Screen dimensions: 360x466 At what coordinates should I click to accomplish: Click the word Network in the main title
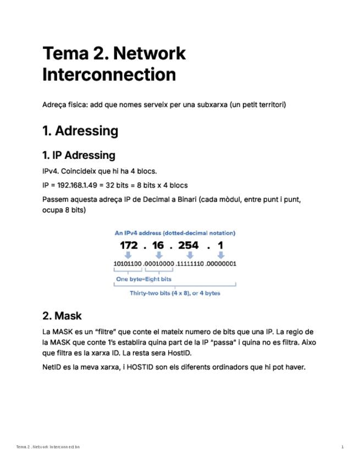(x=149, y=53)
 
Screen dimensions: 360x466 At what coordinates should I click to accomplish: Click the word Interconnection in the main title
(x=109, y=74)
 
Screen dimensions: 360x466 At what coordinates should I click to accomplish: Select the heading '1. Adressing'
(x=80, y=131)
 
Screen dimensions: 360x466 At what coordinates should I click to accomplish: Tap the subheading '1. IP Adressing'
(x=79, y=155)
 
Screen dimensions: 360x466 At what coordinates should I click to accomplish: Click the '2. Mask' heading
(x=62, y=315)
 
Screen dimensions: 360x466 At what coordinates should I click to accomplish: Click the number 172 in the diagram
(x=129, y=246)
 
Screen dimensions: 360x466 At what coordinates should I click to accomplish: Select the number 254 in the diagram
(x=188, y=246)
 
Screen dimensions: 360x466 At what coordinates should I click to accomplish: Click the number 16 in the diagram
(x=158, y=246)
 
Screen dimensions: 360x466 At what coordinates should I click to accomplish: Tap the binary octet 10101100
(x=128, y=264)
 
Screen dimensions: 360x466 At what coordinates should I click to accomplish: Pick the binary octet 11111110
(x=191, y=264)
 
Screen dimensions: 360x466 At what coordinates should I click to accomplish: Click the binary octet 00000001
(x=221, y=264)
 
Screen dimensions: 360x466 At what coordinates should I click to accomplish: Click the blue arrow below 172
(x=128, y=255)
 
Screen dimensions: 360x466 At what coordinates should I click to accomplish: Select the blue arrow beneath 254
(x=190, y=255)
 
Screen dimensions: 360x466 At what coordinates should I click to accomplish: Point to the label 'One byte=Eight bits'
(x=143, y=279)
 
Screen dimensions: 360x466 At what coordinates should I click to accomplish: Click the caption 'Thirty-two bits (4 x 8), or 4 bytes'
(x=175, y=293)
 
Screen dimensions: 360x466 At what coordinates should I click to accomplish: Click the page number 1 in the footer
(x=342, y=447)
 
